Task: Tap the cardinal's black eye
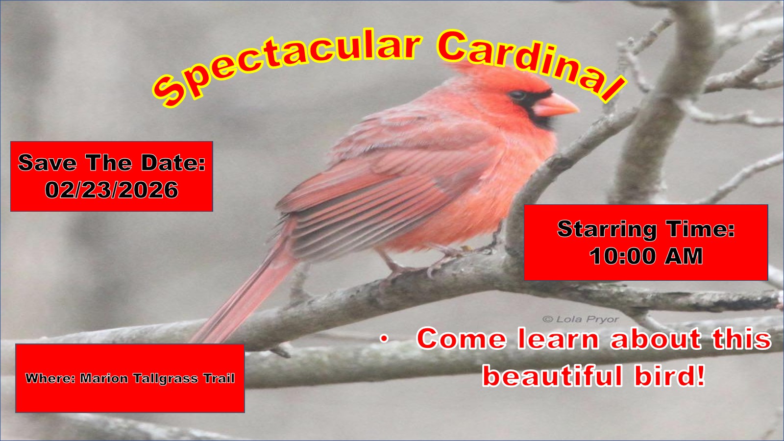tap(517, 95)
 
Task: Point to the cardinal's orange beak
tap(555, 105)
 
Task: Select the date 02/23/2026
tap(112, 190)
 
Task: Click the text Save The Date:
tap(112, 163)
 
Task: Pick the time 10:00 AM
tap(646, 256)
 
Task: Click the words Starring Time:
tap(646, 229)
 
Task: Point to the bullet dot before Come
tap(384, 339)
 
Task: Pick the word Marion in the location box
tap(104, 378)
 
